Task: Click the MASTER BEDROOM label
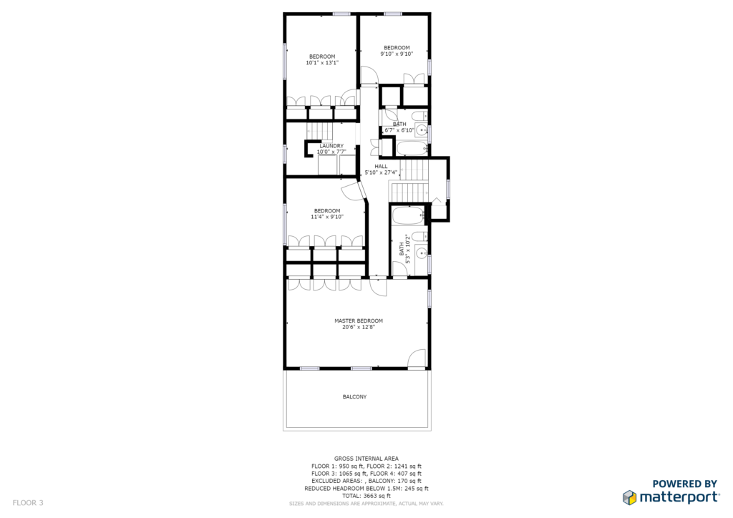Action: point(359,321)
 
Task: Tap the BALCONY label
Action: point(355,396)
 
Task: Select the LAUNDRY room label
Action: point(331,146)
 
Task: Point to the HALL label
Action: point(381,166)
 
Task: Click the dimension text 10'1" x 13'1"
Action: point(322,62)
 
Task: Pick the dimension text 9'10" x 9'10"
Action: point(397,54)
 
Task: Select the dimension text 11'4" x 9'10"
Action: point(327,217)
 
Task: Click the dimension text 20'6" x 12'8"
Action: point(359,328)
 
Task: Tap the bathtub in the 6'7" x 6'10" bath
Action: point(412,149)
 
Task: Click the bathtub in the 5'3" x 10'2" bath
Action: point(409,216)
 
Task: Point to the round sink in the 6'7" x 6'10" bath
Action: point(422,130)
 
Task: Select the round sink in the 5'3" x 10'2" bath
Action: point(422,253)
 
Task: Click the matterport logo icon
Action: point(630,497)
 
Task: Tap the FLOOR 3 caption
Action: point(28,503)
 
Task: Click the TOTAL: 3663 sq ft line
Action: point(366,496)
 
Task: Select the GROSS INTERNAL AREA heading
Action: point(366,459)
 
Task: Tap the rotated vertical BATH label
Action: point(402,249)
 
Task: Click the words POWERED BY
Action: point(684,484)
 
